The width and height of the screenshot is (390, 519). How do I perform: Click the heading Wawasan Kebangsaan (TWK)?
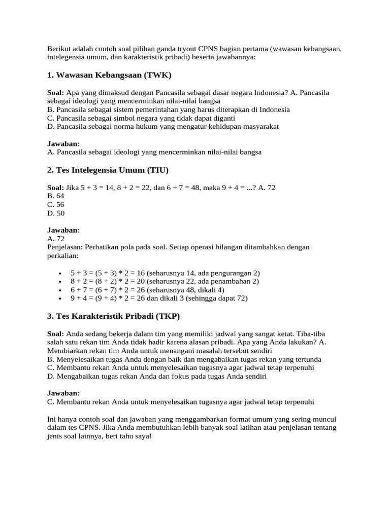coord(110,76)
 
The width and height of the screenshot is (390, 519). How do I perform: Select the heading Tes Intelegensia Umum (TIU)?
coord(108,169)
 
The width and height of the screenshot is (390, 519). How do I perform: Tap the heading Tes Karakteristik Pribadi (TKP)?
coord(113,316)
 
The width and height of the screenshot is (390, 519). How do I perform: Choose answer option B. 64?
coord(56,196)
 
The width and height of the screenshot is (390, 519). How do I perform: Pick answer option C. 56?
coord(56,204)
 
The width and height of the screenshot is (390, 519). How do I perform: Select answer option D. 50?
coord(56,213)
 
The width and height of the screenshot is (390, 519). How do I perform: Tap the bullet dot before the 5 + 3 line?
coord(61,273)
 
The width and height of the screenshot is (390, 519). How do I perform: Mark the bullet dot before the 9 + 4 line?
coord(61,299)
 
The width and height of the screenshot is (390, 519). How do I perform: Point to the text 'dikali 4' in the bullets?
coord(200,290)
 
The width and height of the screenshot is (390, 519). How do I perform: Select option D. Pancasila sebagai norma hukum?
coord(163,126)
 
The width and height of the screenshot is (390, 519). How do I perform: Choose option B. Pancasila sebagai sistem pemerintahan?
coord(168,109)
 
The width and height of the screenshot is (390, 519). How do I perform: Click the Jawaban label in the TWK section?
coord(63,143)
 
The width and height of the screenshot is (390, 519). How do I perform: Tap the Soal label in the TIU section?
coord(55,188)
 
